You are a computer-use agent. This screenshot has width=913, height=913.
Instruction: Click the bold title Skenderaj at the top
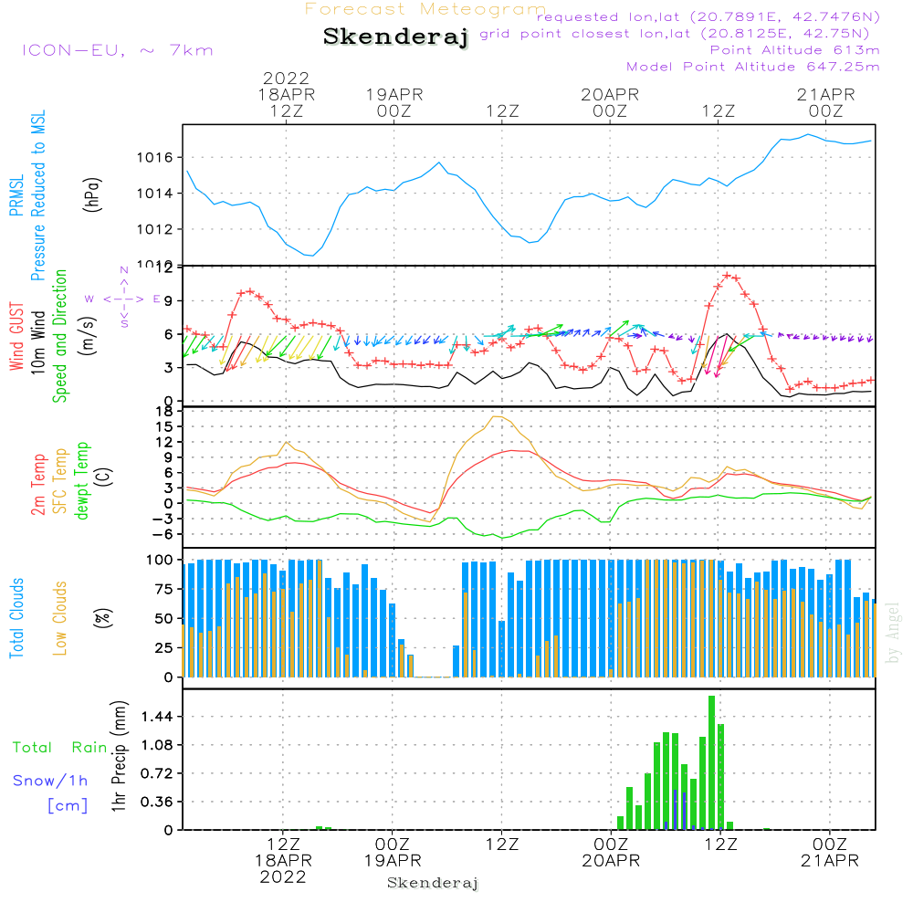pyautogui.click(x=395, y=37)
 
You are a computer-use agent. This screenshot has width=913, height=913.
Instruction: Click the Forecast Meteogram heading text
pyautogui.click(x=425, y=10)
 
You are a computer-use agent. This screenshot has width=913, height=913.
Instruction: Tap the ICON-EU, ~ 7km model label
pyautogui.click(x=117, y=49)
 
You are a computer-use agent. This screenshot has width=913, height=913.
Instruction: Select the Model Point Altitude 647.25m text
pyautogui.click(x=752, y=67)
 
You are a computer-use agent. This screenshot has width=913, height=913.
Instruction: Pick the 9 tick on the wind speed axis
pyautogui.click(x=168, y=300)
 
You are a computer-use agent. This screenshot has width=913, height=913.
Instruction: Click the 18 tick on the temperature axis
pyautogui.click(x=164, y=411)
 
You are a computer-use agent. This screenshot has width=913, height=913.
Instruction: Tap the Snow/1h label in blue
pyautogui.click(x=50, y=781)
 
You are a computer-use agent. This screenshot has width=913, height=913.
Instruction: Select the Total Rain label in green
pyautogui.click(x=59, y=748)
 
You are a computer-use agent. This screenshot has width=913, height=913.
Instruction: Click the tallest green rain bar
pyautogui.click(x=711, y=762)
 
